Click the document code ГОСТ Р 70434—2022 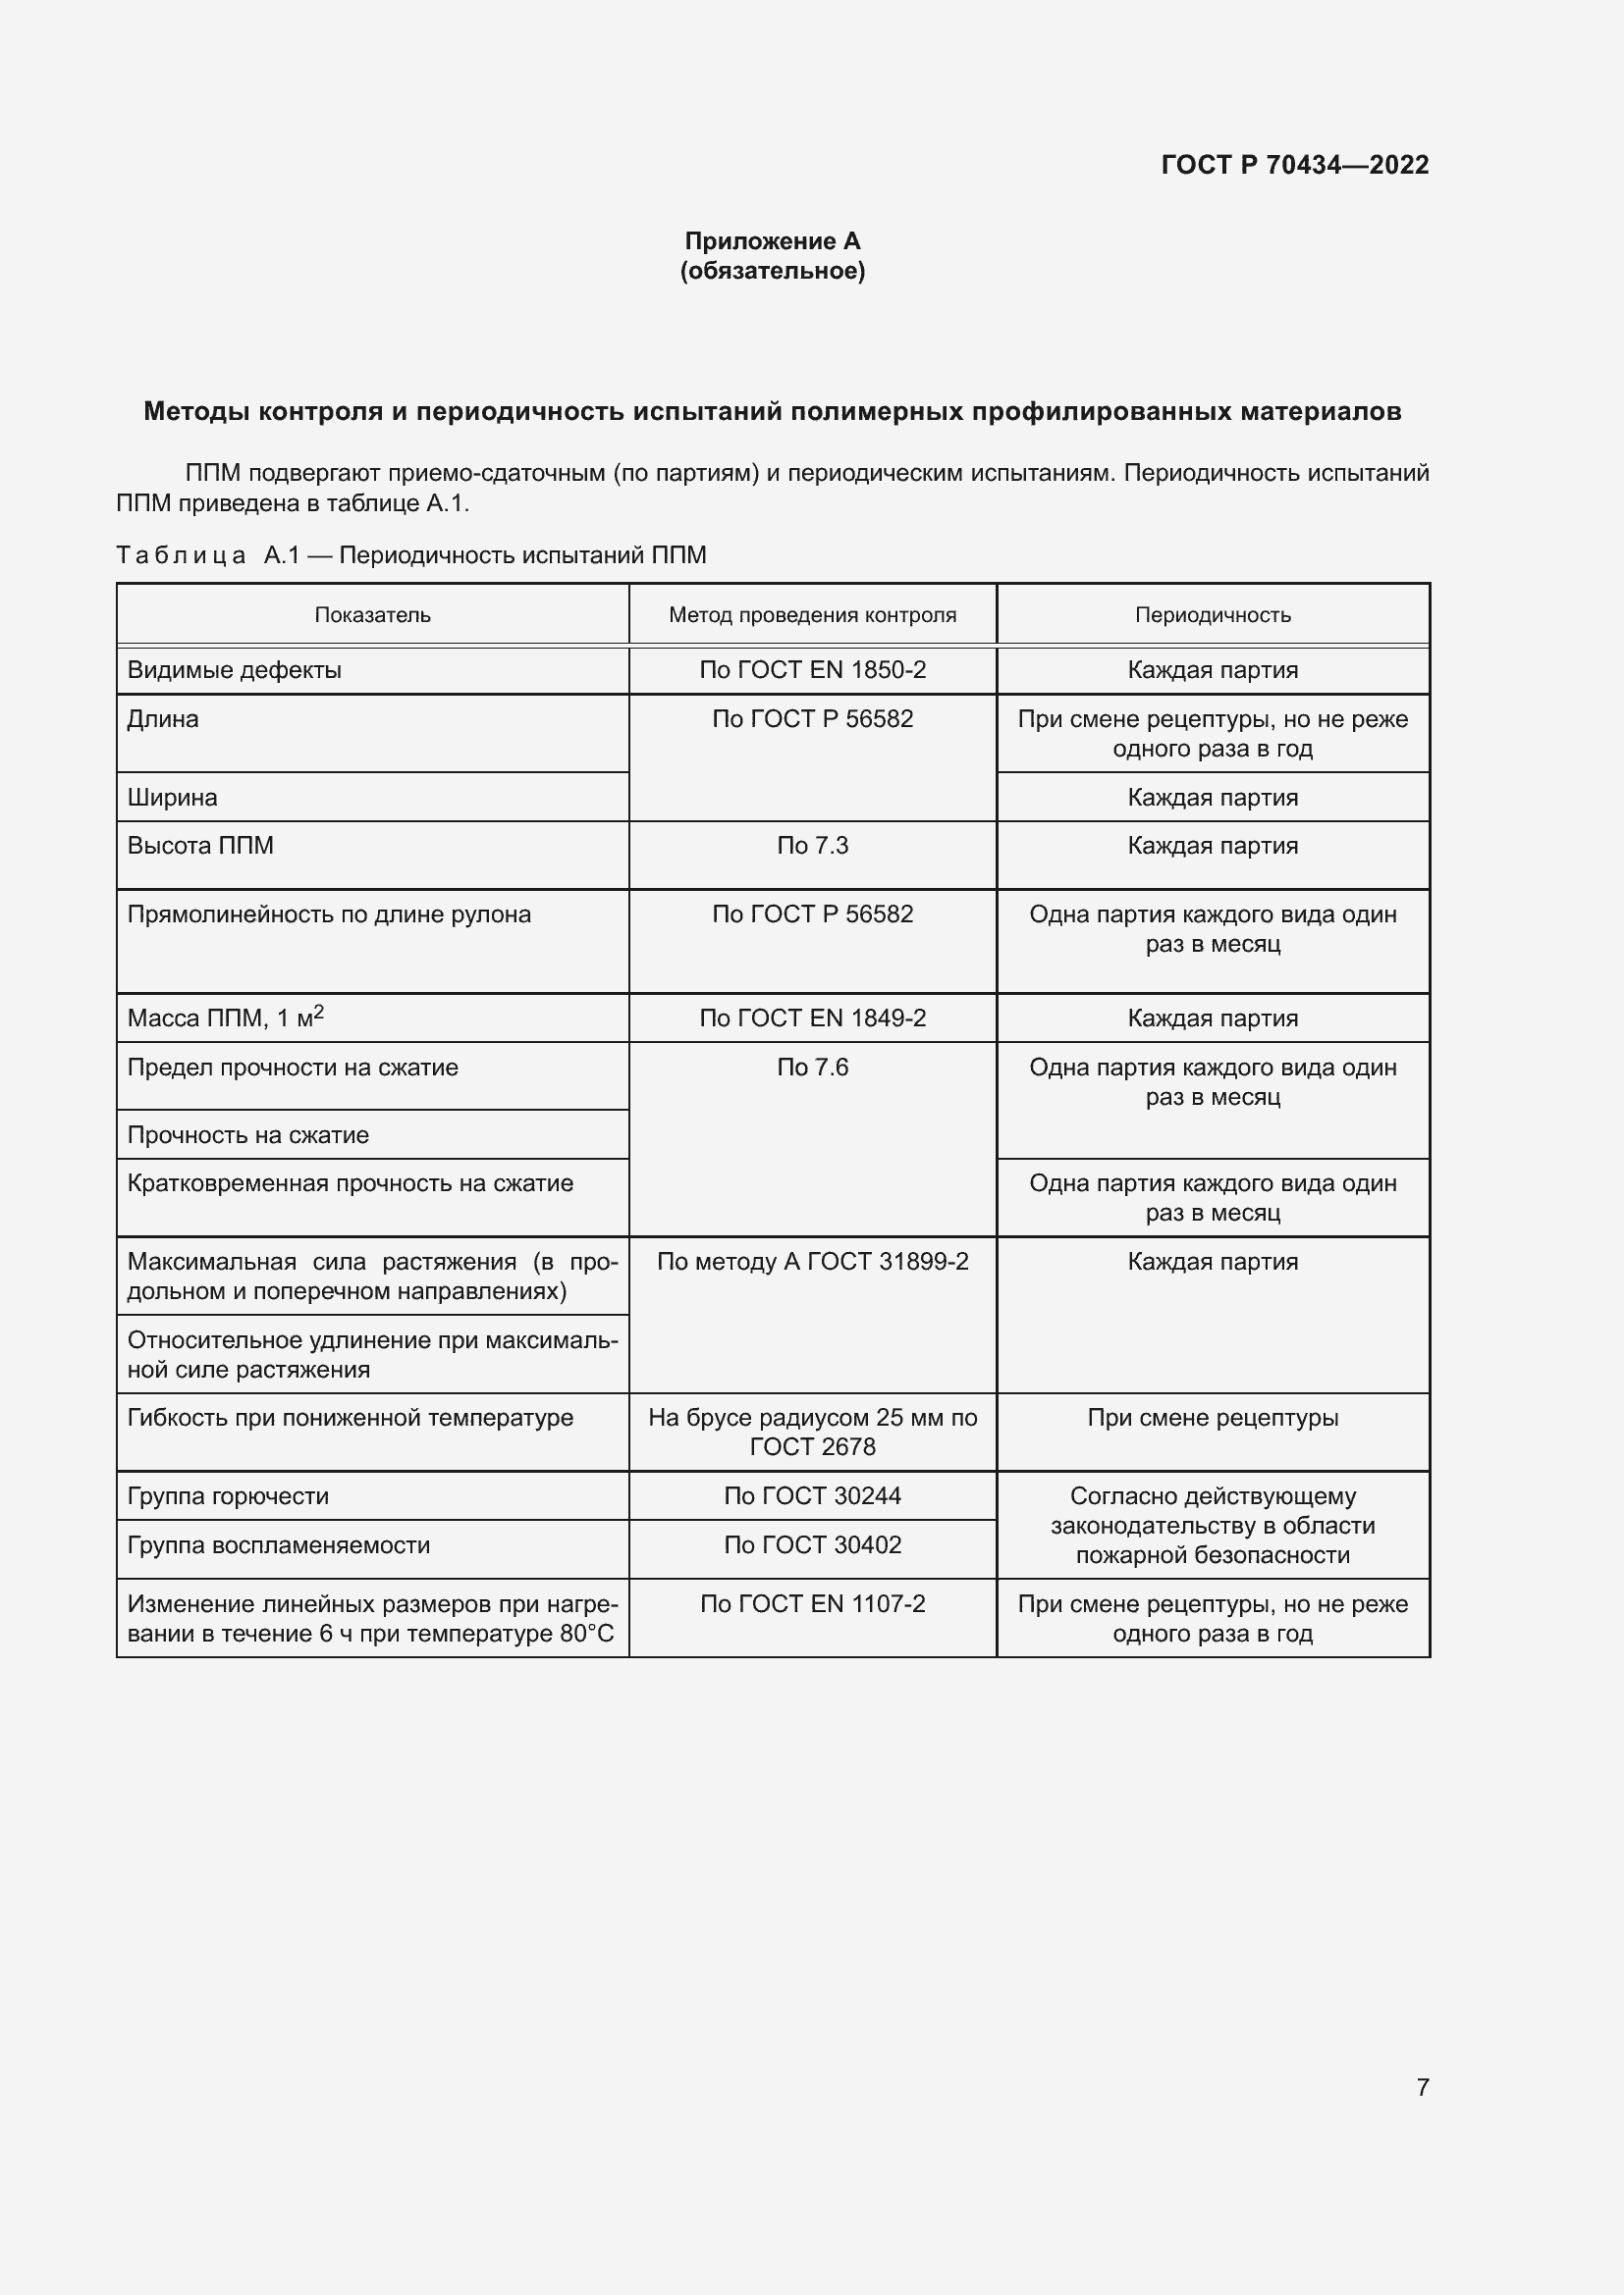click(1294, 165)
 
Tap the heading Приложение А click(772, 241)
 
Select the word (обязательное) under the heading click(772, 271)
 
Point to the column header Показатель click(372, 615)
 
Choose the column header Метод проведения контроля click(812, 615)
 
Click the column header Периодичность click(1212, 615)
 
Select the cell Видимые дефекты click(234, 670)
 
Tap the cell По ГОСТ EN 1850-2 click(812, 670)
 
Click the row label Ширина click(172, 798)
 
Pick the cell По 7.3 click(812, 846)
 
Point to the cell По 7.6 click(812, 1068)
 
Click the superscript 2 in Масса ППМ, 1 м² click(319, 1013)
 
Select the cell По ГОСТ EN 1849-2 click(812, 1017)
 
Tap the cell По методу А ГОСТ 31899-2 click(812, 1262)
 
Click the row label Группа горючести click(228, 1496)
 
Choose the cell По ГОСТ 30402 click(812, 1545)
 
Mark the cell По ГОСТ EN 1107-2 click(812, 1604)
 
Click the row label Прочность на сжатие click(248, 1135)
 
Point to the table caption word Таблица click(181, 555)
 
